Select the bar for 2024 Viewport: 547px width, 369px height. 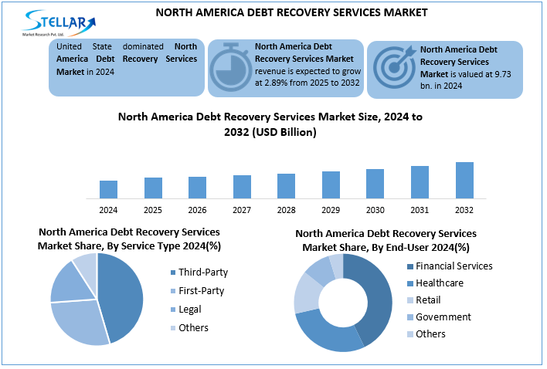coord(108,190)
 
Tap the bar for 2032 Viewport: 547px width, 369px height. coord(464,181)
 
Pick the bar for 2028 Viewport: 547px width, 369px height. coord(286,186)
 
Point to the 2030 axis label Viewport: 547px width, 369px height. coord(375,210)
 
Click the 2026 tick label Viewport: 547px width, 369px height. coord(197,210)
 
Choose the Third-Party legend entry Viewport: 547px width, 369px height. coord(203,272)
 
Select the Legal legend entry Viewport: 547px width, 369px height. coord(190,309)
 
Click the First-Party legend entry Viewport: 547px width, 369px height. coord(202,290)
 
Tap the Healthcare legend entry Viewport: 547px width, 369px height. coord(439,283)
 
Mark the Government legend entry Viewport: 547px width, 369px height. coord(443,317)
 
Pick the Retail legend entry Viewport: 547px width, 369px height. coord(428,300)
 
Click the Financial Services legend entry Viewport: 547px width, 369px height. coord(454,266)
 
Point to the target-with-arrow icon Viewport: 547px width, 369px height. coord(394,68)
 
